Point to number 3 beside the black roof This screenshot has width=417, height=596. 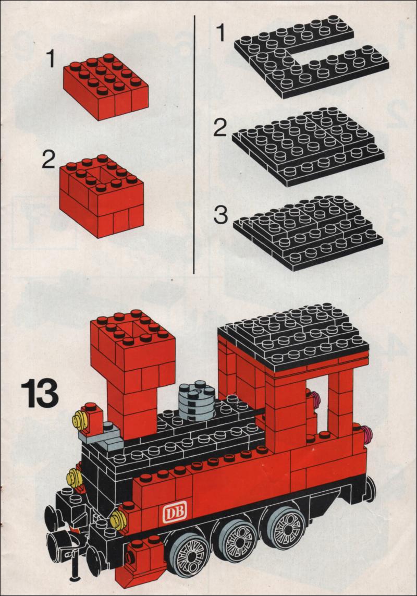pos(220,215)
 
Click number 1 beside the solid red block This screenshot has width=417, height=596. pos(51,59)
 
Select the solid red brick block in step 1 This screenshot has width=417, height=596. pos(106,87)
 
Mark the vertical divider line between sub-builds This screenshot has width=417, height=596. pos(194,144)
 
